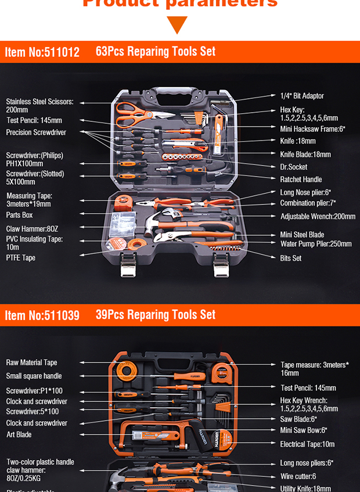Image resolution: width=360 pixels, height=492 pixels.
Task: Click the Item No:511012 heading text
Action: pyautogui.click(x=42, y=52)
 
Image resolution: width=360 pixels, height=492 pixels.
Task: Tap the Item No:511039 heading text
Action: pyautogui.click(x=42, y=315)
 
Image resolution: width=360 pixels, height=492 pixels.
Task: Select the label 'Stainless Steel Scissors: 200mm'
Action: pyautogui.click(x=39, y=105)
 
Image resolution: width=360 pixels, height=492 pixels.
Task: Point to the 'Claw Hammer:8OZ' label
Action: pyautogui.click(x=32, y=229)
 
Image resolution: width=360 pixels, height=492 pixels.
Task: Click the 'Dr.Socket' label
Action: pyautogui.click(x=293, y=167)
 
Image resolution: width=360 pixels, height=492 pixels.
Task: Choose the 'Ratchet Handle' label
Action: pyautogui.click(x=301, y=179)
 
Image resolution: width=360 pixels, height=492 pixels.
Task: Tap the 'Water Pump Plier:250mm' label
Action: pyautogui.click(x=316, y=244)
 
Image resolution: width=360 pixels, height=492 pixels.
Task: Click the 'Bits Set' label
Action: pyautogui.click(x=290, y=258)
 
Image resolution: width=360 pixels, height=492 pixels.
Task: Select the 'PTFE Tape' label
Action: pyautogui.click(x=21, y=257)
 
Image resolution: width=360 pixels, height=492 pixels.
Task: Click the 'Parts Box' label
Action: pyautogui.click(x=20, y=215)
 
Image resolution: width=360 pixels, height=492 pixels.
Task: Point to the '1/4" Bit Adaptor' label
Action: pyautogui.click(x=302, y=96)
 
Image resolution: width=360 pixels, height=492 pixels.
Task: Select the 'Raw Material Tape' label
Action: pyautogui.click(x=31, y=362)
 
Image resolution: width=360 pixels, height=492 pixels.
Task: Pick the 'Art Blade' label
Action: pyautogui.click(x=19, y=434)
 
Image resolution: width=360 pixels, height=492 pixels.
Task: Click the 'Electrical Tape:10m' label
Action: pyautogui.click(x=308, y=444)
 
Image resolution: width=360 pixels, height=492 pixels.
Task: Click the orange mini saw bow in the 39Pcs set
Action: pyautogui.click(x=160, y=436)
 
